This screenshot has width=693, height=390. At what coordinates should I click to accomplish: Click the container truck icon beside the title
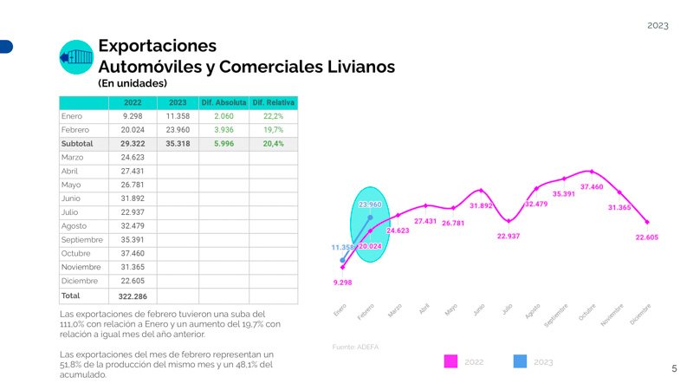click(76, 57)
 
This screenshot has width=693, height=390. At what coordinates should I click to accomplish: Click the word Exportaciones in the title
click(157, 44)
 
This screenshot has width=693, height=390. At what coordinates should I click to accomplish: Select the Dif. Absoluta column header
click(224, 102)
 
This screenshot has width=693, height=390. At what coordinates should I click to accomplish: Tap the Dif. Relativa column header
click(273, 102)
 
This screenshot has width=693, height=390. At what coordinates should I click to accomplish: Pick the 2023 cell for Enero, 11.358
click(178, 115)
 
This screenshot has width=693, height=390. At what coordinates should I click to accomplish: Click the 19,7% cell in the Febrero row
click(273, 129)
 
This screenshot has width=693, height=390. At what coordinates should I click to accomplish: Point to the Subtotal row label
click(77, 143)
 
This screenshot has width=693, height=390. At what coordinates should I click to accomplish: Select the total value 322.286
click(133, 296)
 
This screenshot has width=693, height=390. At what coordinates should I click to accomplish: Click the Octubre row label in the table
click(76, 253)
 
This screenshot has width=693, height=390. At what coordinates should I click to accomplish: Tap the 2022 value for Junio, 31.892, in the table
click(133, 198)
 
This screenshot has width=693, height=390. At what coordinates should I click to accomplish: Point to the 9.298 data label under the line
click(343, 283)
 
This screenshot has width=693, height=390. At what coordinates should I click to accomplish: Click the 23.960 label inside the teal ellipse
click(370, 205)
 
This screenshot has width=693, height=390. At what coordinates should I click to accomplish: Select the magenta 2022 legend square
click(450, 361)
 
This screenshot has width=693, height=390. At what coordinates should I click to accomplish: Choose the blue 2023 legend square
click(520, 361)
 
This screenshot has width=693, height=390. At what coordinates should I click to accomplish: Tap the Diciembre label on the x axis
click(641, 314)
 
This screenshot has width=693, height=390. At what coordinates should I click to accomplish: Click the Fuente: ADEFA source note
click(355, 347)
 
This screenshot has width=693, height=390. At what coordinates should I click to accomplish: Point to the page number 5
click(675, 369)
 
